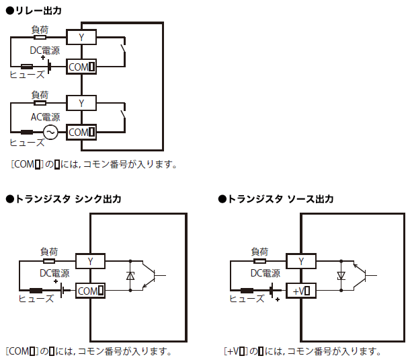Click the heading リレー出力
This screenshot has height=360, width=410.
pyautogui.click(x=37, y=10)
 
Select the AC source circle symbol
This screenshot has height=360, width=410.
pyautogui.click(x=49, y=132)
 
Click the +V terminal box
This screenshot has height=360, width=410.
pyautogui.click(x=302, y=291)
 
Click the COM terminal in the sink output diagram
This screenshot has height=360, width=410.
pyautogui.click(x=91, y=291)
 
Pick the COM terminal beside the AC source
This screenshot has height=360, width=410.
pyautogui.click(x=81, y=132)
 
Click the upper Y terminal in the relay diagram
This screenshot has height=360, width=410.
pyautogui.click(x=81, y=37)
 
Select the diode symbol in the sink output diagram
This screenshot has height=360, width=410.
pyautogui.click(x=130, y=276)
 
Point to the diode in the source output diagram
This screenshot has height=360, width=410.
pyautogui.click(x=341, y=276)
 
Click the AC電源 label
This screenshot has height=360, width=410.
pyautogui.click(x=45, y=116)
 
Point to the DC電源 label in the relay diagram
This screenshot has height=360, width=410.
pyautogui.click(x=44, y=50)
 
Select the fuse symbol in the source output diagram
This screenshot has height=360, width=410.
pyautogui.click(x=247, y=291)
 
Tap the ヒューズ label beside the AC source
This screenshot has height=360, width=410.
pyautogui.click(x=26, y=142)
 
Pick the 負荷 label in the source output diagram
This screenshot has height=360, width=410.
pyautogui.click(x=259, y=251)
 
